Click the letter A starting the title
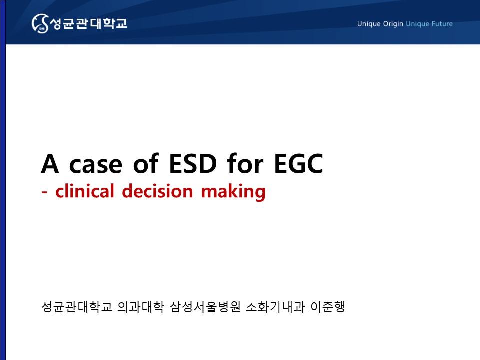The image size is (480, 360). tap(50, 164)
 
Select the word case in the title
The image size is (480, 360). tap(96, 166)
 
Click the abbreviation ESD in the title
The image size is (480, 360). tap(193, 164)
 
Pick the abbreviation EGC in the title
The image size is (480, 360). tap(299, 164)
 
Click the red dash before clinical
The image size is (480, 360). tap(44, 192)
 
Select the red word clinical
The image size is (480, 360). tap(85, 191)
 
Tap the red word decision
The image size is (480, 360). tap(157, 191)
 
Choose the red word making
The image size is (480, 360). tap(233, 192)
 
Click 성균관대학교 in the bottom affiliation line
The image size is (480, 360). tap(77, 307)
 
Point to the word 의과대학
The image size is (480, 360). tap(141, 307)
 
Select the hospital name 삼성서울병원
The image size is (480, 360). tap(205, 307)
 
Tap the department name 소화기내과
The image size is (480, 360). tap(275, 307)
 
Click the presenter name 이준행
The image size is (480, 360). tap(328, 307)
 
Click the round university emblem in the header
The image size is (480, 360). tap(40, 23)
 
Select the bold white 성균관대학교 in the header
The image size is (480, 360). tap(88, 23)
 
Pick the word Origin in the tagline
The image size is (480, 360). tap(393, 24)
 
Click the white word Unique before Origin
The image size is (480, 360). tap(369, 24)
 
